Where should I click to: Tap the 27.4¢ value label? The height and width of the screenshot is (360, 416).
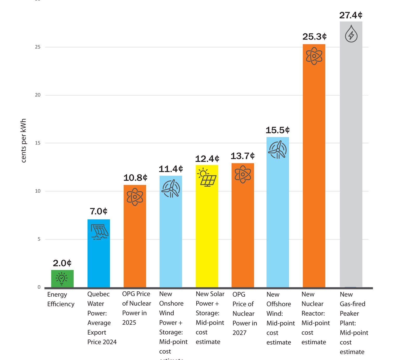(x=351, y=15)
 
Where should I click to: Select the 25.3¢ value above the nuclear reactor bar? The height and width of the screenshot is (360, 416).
(x=314, y=37)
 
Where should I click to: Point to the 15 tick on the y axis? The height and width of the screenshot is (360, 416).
(x=38, y=143)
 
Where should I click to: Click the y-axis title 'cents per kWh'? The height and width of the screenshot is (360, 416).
(x=23, y=141)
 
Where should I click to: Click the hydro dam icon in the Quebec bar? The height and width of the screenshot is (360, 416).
(x=99, y=232)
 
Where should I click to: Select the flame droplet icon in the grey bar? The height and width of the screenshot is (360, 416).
(x=351, y=34)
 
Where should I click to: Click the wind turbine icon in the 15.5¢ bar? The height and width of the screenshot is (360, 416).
(x=278, y=150)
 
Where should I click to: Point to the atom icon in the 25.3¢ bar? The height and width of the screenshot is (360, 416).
(x=314, y=56)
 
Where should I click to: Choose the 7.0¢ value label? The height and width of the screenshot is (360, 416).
(x=99, y=211)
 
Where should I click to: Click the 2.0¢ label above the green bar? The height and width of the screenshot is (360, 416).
(x=62, y=263)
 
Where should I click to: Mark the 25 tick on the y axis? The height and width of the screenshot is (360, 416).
(x=38, y=47)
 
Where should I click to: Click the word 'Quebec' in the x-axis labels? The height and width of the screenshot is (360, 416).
(x=98, y=294)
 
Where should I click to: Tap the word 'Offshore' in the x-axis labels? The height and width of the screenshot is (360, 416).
(x=278, y=304)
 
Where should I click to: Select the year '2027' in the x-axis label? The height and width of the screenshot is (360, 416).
(x=239, y=333)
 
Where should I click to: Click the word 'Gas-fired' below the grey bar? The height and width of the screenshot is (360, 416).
(x=352, y=304)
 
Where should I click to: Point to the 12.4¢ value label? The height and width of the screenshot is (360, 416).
(x=207, y=159)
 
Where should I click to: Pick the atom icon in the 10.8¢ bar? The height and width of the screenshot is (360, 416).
(x=135, y=197)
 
